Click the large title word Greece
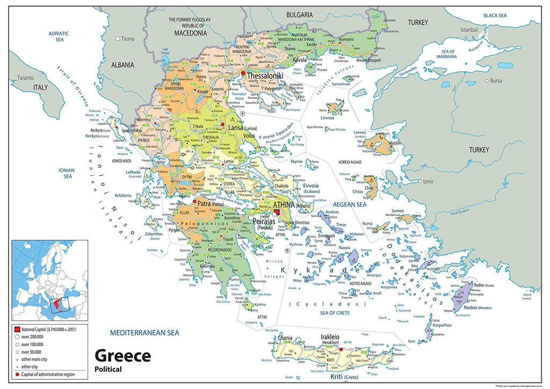pos(122,356)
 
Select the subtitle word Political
pos(108,369)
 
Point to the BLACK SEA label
pos(495,16)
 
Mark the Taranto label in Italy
pos(25,77)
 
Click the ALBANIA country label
pos(122,65)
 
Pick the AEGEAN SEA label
pos(349,205)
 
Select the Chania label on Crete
pos(285,338)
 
